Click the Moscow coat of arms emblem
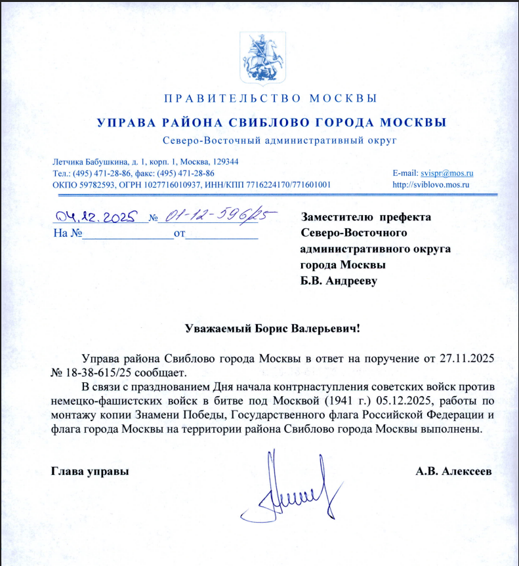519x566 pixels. tap(259, 60)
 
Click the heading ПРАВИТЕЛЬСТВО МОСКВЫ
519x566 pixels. tap(270, 100)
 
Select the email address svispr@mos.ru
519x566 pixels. tap(447, 173)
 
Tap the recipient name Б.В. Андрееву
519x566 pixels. tap(339, 281)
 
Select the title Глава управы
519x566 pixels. tap(90, 471)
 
